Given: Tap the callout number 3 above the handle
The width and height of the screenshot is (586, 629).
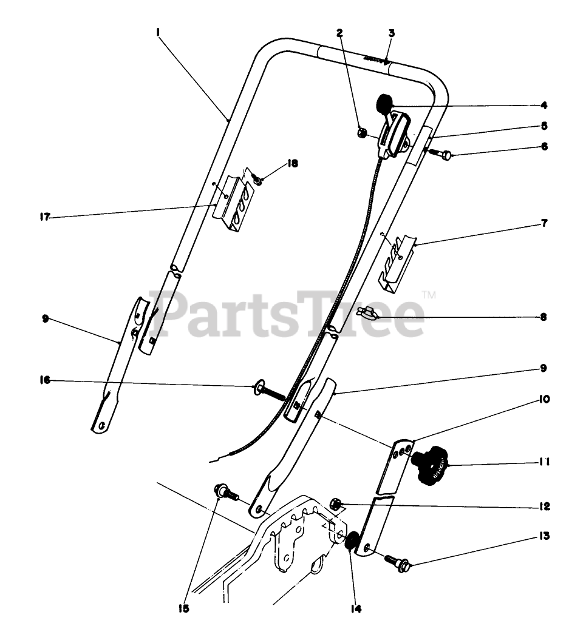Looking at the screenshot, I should pyautogui.click(x=392, y=33).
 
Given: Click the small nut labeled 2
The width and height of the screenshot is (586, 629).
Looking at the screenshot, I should pyautogui.click(x=359, y=132).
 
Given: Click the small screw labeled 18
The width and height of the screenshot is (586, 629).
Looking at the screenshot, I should pyautogui.click(x=257, y=180).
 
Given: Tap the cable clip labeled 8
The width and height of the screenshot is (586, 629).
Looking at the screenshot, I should pyautogui.click(x=367, y=313).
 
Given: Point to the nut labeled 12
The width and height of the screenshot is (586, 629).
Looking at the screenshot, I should pyautogui.click(x=336, y=503).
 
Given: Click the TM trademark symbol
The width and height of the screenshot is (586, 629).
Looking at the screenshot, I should pyautogui.click(x=429, y=295).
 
